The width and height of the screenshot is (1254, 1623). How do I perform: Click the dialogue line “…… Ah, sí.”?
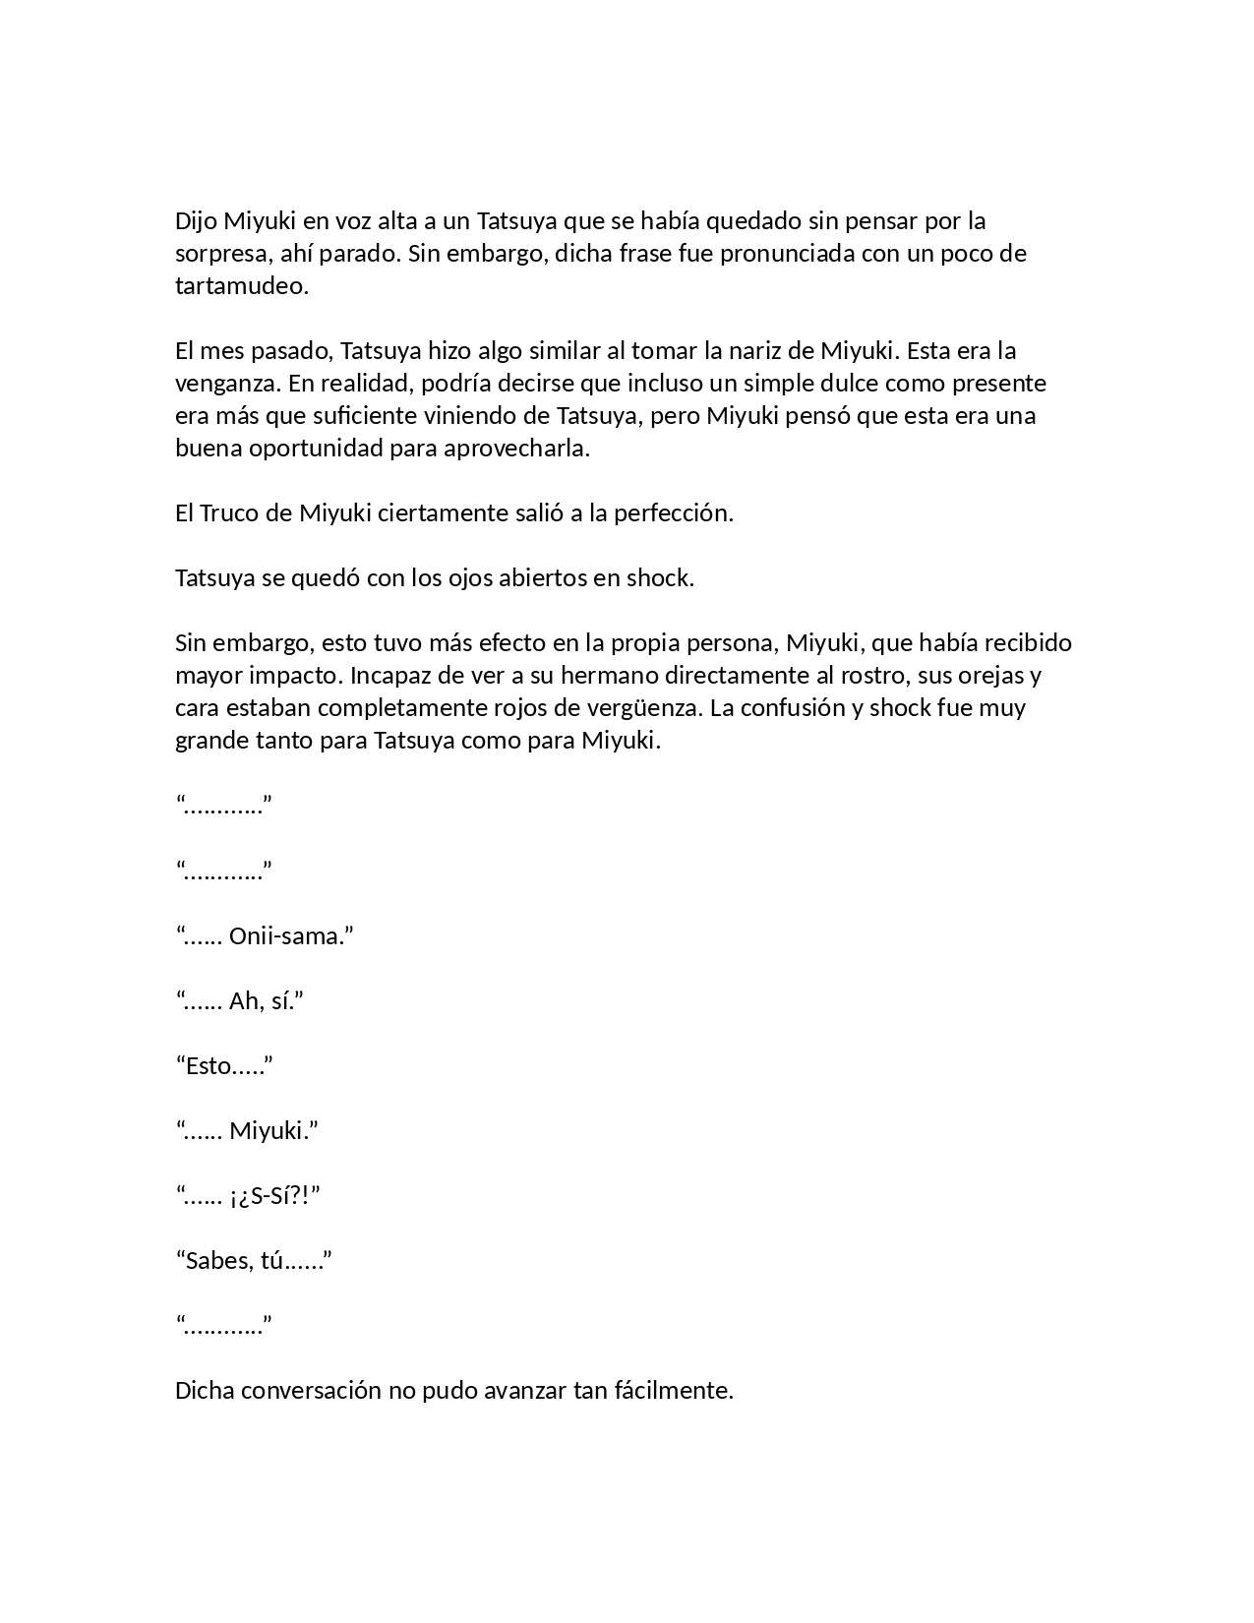(240, 1000)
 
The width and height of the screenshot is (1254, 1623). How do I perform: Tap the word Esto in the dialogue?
(209, 1065)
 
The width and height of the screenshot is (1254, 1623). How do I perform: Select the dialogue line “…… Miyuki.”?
(247, 1130)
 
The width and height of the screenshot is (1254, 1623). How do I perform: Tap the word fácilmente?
(674, 1391)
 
